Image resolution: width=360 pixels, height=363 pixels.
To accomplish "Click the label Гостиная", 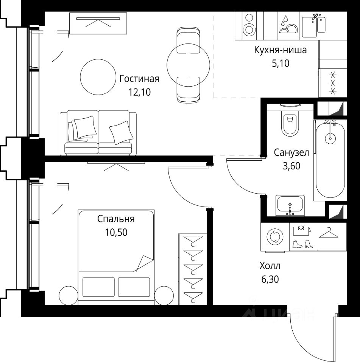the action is [139, 79].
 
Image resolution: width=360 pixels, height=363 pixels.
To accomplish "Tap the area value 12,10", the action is [139, 92].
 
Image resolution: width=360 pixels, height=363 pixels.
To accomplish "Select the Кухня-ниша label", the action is [280, 50].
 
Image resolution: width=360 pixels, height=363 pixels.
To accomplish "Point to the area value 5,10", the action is [281, 63].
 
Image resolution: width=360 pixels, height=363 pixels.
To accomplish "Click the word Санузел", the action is [291, 152].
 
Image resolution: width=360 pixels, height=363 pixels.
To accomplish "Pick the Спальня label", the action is [116, 219].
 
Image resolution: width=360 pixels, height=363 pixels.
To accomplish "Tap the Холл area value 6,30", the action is [270, 279].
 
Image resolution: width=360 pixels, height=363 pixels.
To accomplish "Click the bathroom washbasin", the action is [290, 206].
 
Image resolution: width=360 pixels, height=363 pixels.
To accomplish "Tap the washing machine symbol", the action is [275, 237].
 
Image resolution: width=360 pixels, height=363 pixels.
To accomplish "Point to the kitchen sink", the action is [314, 25].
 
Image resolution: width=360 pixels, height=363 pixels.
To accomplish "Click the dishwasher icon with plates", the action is [288, 25].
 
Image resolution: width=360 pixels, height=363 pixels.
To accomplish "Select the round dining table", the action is [188, 65].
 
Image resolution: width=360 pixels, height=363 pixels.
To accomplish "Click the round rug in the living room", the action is [98, 77].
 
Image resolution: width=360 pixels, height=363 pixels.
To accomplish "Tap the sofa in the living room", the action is [98, 133].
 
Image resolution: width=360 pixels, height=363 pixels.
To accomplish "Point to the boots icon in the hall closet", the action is [302, 244].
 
